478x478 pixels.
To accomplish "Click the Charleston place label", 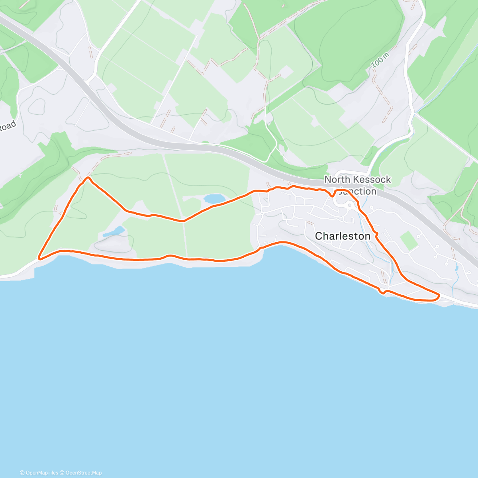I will [343, 236].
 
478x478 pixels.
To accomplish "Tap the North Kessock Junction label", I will [357, 185].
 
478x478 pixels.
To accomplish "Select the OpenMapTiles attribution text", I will [39, 473].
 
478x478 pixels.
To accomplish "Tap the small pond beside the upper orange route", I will [214, 198].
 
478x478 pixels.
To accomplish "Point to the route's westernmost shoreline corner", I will [39, 258].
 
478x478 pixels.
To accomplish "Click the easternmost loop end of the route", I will [438, 296].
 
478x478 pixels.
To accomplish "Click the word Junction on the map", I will [357, 192].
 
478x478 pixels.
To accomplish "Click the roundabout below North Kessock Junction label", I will [349, 205].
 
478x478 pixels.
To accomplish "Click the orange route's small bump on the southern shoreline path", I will [169, 256].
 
